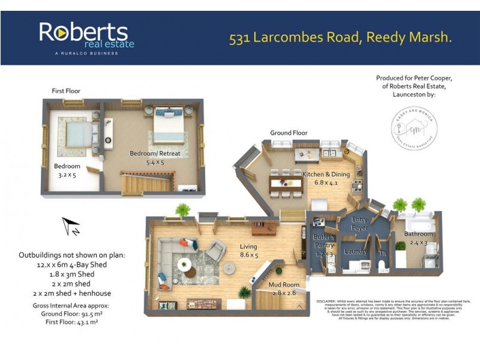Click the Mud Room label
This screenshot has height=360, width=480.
point(284,285)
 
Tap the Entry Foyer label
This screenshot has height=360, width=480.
point(361,223)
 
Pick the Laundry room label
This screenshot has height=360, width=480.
point(356,251)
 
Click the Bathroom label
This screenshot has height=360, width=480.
point(418,234)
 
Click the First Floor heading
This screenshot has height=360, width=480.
point(66,91)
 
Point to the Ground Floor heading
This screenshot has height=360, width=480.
point(289,133)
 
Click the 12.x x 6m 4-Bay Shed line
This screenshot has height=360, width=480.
point(73,264)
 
